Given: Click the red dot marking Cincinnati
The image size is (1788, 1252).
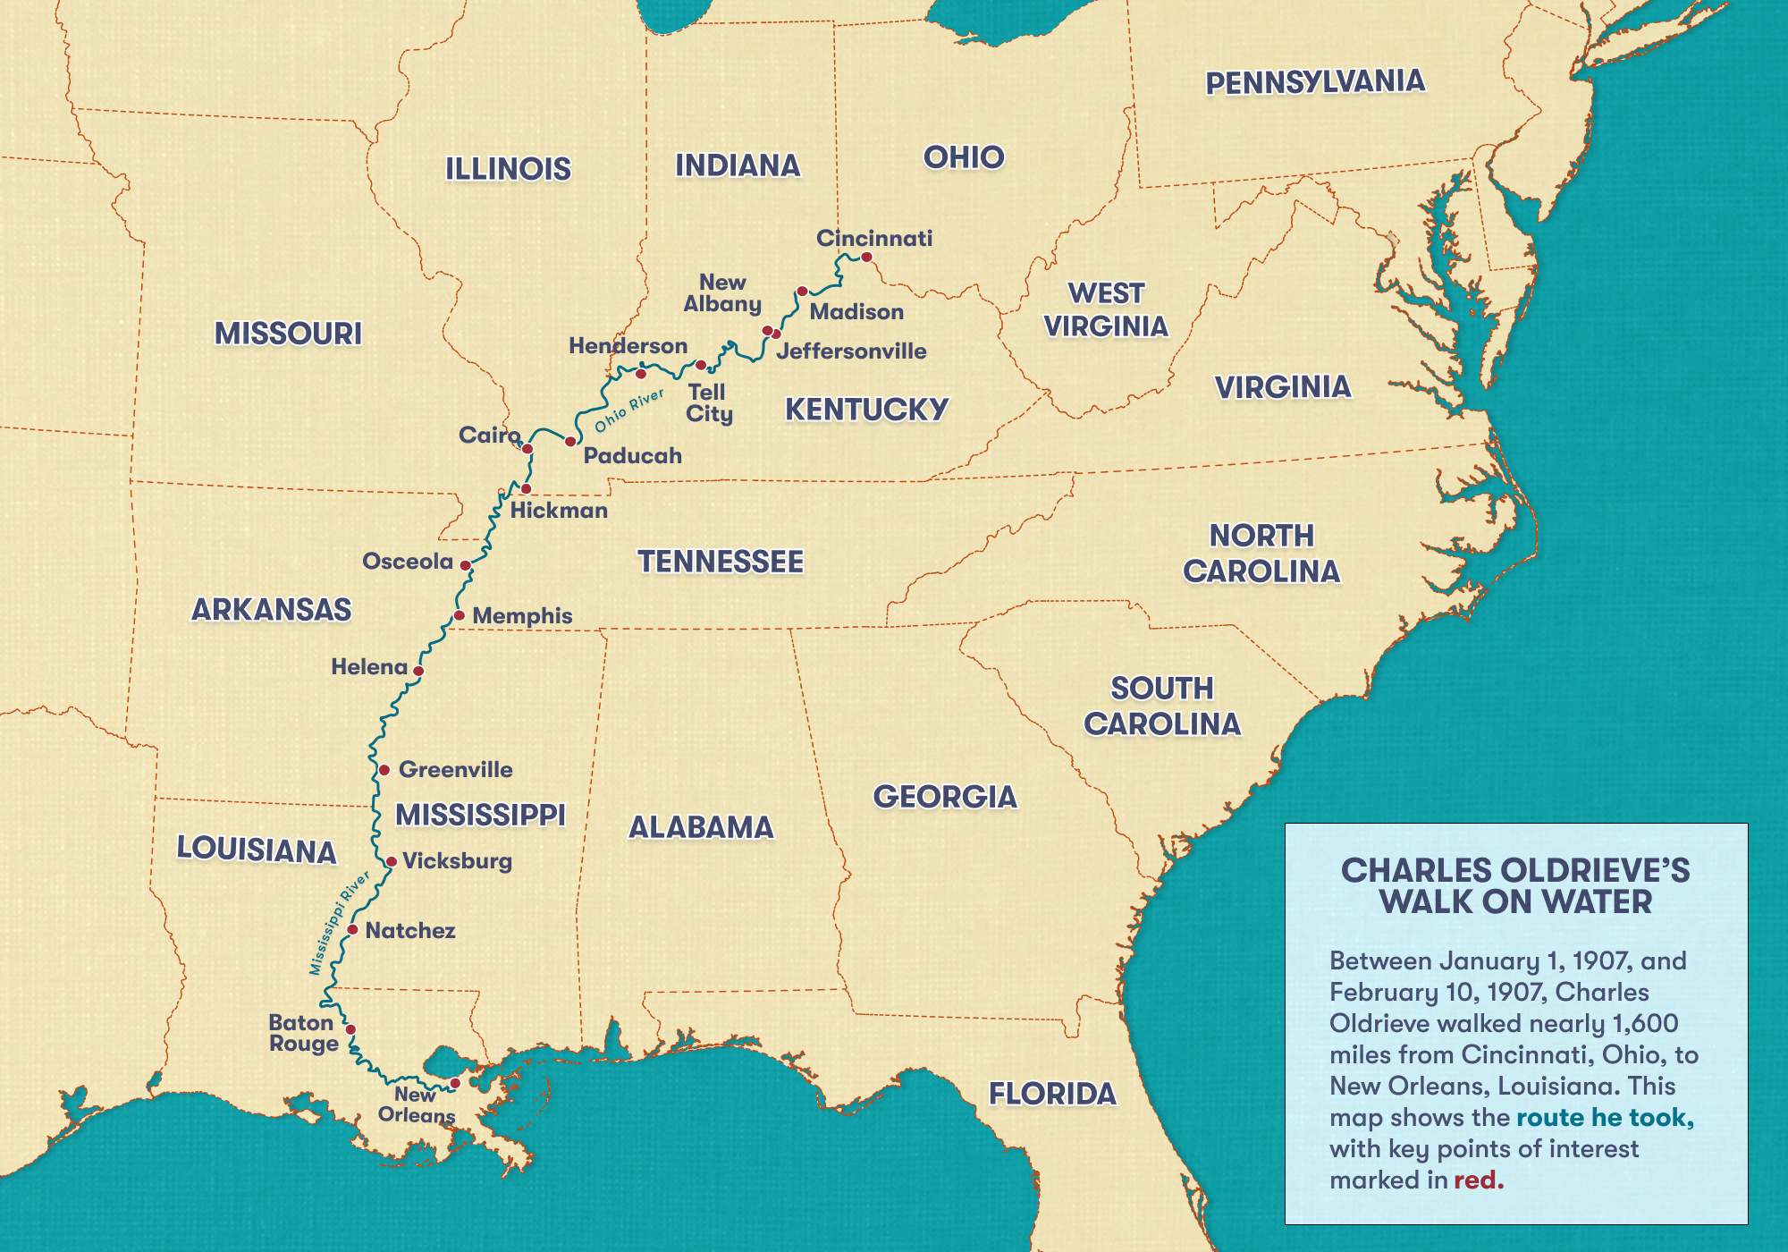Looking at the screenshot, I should point(866,258).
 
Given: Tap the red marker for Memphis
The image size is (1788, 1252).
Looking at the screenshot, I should point(459,615).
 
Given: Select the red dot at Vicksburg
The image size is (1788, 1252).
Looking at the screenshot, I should point(391,862).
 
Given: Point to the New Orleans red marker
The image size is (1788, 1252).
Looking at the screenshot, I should point(455,1083).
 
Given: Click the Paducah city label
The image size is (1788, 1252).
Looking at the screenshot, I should point(632,456).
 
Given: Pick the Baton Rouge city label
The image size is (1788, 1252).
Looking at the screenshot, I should point(303,1033).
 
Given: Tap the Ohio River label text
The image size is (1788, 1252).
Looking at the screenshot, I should point(629,410).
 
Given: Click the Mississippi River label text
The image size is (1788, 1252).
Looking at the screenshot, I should point(339,923).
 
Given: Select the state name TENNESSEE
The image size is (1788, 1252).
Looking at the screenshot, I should point(721,562).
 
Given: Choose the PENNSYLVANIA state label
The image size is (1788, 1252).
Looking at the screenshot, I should point(1314,82).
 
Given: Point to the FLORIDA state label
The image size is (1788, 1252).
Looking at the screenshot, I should point(1052,1093).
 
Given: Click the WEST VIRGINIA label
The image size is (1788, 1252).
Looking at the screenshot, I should point(1106,309).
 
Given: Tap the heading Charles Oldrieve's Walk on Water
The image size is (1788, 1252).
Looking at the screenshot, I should point(1515,885).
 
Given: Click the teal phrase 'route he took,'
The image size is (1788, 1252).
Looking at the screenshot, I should point(1605,1117).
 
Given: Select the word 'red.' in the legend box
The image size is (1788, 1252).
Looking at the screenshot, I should point(1479,1180).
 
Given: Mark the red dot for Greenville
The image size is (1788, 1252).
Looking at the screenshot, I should point(384,770).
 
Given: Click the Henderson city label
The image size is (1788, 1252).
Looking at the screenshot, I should point(628,346).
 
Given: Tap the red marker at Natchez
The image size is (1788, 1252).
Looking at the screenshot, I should point(352,930).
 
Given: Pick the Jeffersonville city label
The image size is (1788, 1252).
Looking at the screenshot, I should point(851,351).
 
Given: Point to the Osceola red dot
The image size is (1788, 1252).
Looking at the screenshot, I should point(465,565).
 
